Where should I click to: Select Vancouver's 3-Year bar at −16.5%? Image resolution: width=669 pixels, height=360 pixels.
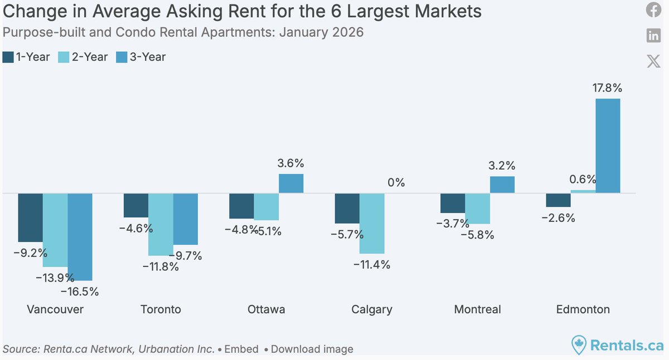pos(80,237)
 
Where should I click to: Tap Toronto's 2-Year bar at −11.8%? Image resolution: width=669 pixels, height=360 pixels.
pos(161,225)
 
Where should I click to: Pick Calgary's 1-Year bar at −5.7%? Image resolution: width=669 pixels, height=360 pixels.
pos(347,208)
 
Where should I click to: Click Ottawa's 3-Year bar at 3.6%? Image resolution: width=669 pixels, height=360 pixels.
pos(291,183)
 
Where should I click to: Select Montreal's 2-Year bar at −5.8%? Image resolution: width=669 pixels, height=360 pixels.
pos(477,208)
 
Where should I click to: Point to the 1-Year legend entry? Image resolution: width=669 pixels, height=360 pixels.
pos(26,57)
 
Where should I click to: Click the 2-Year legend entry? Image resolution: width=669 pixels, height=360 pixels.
pos(83,57)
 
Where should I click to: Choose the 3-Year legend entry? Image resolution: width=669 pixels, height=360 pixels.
pos(140,57)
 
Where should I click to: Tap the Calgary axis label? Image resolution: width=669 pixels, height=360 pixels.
pos(372,309)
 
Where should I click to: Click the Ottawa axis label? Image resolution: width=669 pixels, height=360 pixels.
pos(266,309)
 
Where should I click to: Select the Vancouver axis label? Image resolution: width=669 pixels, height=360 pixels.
pos(55,309)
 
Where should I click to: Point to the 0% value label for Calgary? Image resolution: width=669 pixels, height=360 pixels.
pos(396,183)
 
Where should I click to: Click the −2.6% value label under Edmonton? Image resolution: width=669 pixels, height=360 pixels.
pos(558,218)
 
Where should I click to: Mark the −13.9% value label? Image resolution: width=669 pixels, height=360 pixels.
pos(56,277)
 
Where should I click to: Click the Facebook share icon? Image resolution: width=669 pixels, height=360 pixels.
pos(653,10)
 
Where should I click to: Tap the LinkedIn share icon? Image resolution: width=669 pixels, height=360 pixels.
pos(653,36)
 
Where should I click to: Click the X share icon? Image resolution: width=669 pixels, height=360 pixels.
pos(653,61)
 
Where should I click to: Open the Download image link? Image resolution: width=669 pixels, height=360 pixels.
pos(312,349)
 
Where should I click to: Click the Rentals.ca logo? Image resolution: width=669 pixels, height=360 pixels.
pos(618,346)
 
